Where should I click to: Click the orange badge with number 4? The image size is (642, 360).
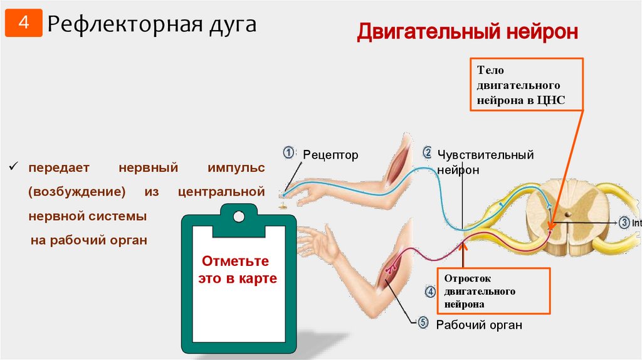(x=23, y=24)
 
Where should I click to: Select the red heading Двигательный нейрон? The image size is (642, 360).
(x=467, y=31)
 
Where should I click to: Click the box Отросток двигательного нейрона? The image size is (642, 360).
(x=493, y=290)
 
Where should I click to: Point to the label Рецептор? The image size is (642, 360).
(x=330, y=155)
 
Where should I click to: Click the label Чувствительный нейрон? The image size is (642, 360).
(x=486, y=161)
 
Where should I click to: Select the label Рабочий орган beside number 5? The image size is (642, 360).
(x=479, y=325)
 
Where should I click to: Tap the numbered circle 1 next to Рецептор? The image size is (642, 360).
(x=288, y=152)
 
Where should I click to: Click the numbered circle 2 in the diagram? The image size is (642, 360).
(x=427, y=152)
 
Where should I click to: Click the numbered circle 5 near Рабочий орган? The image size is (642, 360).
(x=423, y=322)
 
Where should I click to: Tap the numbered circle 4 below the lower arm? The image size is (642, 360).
(x=430, y=291)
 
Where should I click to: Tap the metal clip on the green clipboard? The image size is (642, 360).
(x=238, y=216)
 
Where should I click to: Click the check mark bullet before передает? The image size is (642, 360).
(x=12, y=168)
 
